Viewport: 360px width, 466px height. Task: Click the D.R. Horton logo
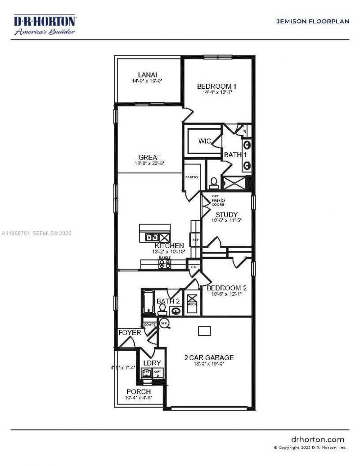[x=45, y=25]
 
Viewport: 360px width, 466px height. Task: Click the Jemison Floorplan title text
[x=312, y=22]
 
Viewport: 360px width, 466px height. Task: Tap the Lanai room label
[x=147, y=75]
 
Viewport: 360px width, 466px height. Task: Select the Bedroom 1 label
[x=217, y=86]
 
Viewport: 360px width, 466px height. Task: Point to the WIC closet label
[x=205, y=141]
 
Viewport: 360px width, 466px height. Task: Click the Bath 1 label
[x=233, y=154]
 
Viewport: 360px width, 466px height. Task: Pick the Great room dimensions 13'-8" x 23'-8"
[x=149, y=163]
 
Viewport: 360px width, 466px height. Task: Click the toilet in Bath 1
[x=214, y=182]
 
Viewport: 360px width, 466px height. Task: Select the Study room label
[x=226, y=214]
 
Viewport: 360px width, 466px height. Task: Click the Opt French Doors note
[x=219, y=200]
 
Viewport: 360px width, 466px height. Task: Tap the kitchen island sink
[x=152, y=236]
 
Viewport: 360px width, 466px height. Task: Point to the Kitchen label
[x=169, y=245]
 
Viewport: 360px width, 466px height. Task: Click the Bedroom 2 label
[x=226, y=288]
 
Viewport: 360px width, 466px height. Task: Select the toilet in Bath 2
[x=162, y=309]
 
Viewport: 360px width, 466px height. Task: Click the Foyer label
[x=130, y=333]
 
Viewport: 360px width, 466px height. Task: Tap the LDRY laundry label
[x=152, y=363]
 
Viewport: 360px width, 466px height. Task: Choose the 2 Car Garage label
[x=209, y=357]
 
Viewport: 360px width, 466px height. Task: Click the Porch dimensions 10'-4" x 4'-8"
[x=139, y=398]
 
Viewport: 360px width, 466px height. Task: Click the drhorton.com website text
[x=318, y=439]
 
